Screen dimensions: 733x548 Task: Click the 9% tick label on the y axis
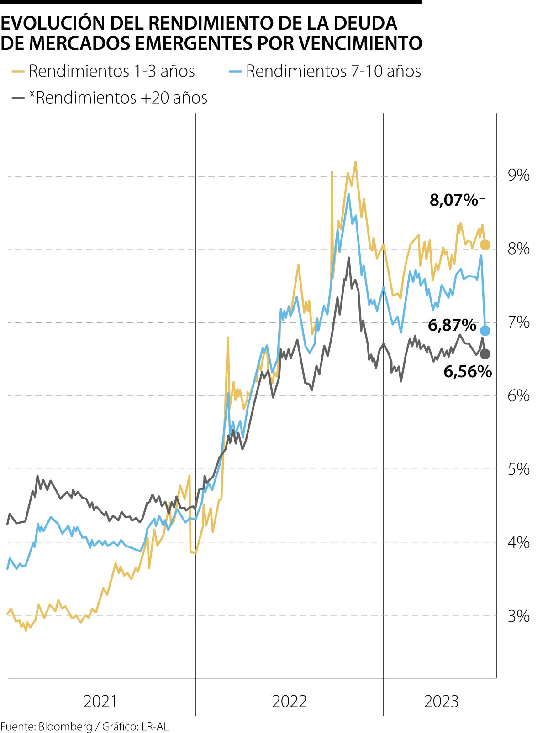coord(519,176)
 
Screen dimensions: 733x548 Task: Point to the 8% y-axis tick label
coord(519,249)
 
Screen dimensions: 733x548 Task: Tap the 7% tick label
coord(519,322)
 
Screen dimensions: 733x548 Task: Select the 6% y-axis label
coord(519,395)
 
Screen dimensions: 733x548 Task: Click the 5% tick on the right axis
coord(519,469)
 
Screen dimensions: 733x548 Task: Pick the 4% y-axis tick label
coord(519,543)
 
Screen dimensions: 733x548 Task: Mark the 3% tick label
coord(519,616)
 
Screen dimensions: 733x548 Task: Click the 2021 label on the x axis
coord(100,701)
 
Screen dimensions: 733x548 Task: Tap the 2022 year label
coord(290,701)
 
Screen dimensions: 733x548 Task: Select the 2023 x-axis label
coord(441,701)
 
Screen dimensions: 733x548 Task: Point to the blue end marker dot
coord(485,331)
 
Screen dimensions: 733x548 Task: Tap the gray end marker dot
coord(485,354)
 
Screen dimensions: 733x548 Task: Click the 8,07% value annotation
coord(453,200)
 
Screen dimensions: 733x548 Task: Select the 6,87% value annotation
coord(452,325)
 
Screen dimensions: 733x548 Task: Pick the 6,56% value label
coord(468,372)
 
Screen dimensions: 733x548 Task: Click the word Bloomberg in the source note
coord(65,726)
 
